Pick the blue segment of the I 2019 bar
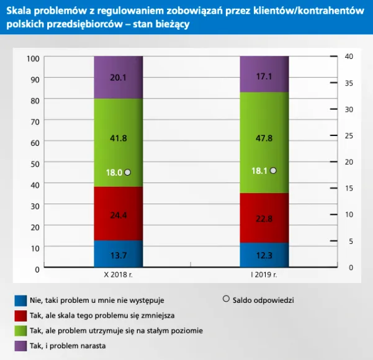pyautogui.click(x=264, y=254)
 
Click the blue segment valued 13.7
pyautogui.click(x=118, y=254)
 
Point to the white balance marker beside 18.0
pyautogui.click(x=128, y=173)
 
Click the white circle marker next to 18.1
pyautogui.click(x=274, y=171)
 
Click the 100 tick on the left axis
pyautogui.click(x=34, y=58)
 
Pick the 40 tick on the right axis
pyautogui.click(x=349, y=56)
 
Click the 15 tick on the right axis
pyautogui.click(x=349, y=188)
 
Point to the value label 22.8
pyautogui.click(x=264, y=218)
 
